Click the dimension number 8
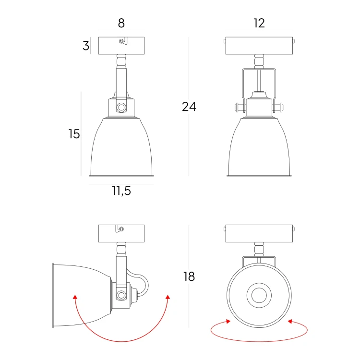pos(121,23)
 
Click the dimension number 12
pos(259,23)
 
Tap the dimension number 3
pos(86,46)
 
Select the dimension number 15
pos(74,134)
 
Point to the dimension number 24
pos(189,107)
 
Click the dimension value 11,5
pos(121,191)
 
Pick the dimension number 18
pos(189,276)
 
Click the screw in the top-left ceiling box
pos(121,41)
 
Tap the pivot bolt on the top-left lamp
pos(121,107)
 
